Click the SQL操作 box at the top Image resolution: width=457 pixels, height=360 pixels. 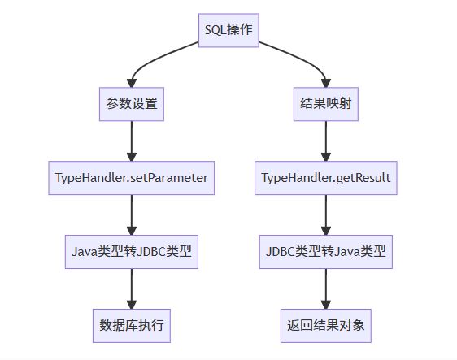228,30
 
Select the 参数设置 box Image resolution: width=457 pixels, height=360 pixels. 132,104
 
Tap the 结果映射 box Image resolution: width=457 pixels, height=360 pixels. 326,104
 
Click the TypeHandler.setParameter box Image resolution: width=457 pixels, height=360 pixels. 132,178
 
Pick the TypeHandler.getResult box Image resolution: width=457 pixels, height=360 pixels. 326,178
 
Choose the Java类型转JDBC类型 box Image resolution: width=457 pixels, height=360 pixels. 132,252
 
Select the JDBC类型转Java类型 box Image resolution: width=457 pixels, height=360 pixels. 326,252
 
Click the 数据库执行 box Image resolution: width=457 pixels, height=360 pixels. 132,326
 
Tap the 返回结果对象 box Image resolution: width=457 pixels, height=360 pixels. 326,326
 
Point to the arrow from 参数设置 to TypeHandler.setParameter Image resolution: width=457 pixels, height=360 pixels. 132,141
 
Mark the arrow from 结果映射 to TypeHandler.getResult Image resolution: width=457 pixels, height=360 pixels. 326,141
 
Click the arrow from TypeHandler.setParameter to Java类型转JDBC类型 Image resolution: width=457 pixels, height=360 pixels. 132,215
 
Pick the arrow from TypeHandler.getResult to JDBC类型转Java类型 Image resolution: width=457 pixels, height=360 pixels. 326,215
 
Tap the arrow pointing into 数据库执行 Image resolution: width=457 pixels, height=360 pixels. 132,289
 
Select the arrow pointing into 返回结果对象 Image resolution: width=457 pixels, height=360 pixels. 326,289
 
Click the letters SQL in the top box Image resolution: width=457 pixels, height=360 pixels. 215,30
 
